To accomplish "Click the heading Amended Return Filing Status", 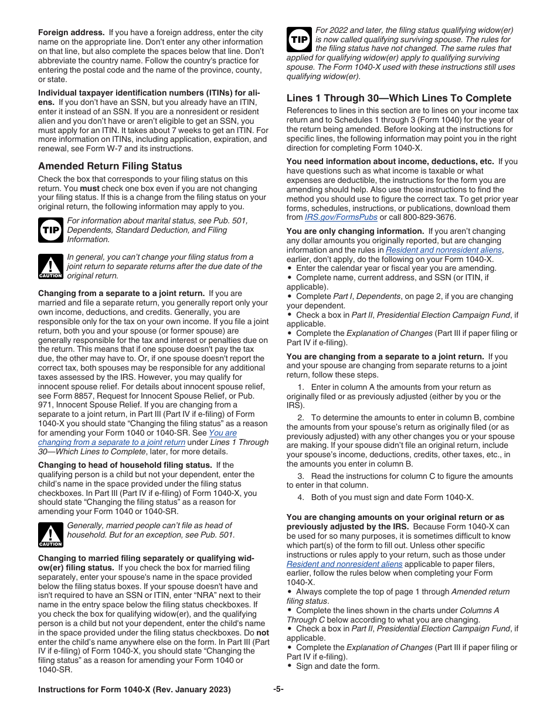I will pos(110,166).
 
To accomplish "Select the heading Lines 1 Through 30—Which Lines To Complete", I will pos(399,98).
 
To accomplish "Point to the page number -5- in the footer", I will pos(278,689).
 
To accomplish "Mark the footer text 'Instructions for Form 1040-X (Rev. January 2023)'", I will pos(134,689).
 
